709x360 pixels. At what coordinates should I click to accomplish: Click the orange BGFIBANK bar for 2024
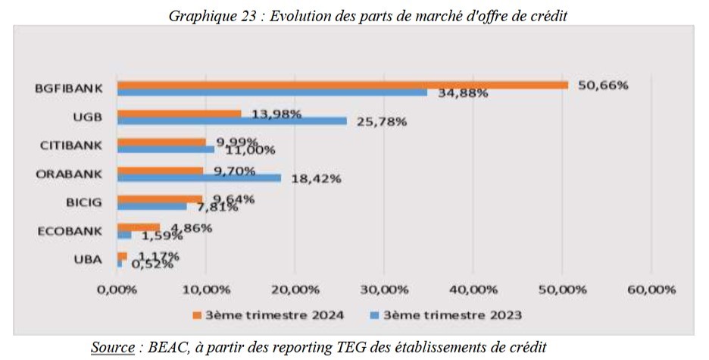341,85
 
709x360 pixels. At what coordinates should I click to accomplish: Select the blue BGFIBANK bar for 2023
273,92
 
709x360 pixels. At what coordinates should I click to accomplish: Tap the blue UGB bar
231,121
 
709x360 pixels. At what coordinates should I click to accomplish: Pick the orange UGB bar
179,113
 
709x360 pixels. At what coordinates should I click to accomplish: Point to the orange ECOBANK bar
138,227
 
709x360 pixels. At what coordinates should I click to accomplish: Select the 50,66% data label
603,85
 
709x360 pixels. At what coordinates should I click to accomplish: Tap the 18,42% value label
316,178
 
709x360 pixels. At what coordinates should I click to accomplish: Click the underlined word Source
111,347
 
